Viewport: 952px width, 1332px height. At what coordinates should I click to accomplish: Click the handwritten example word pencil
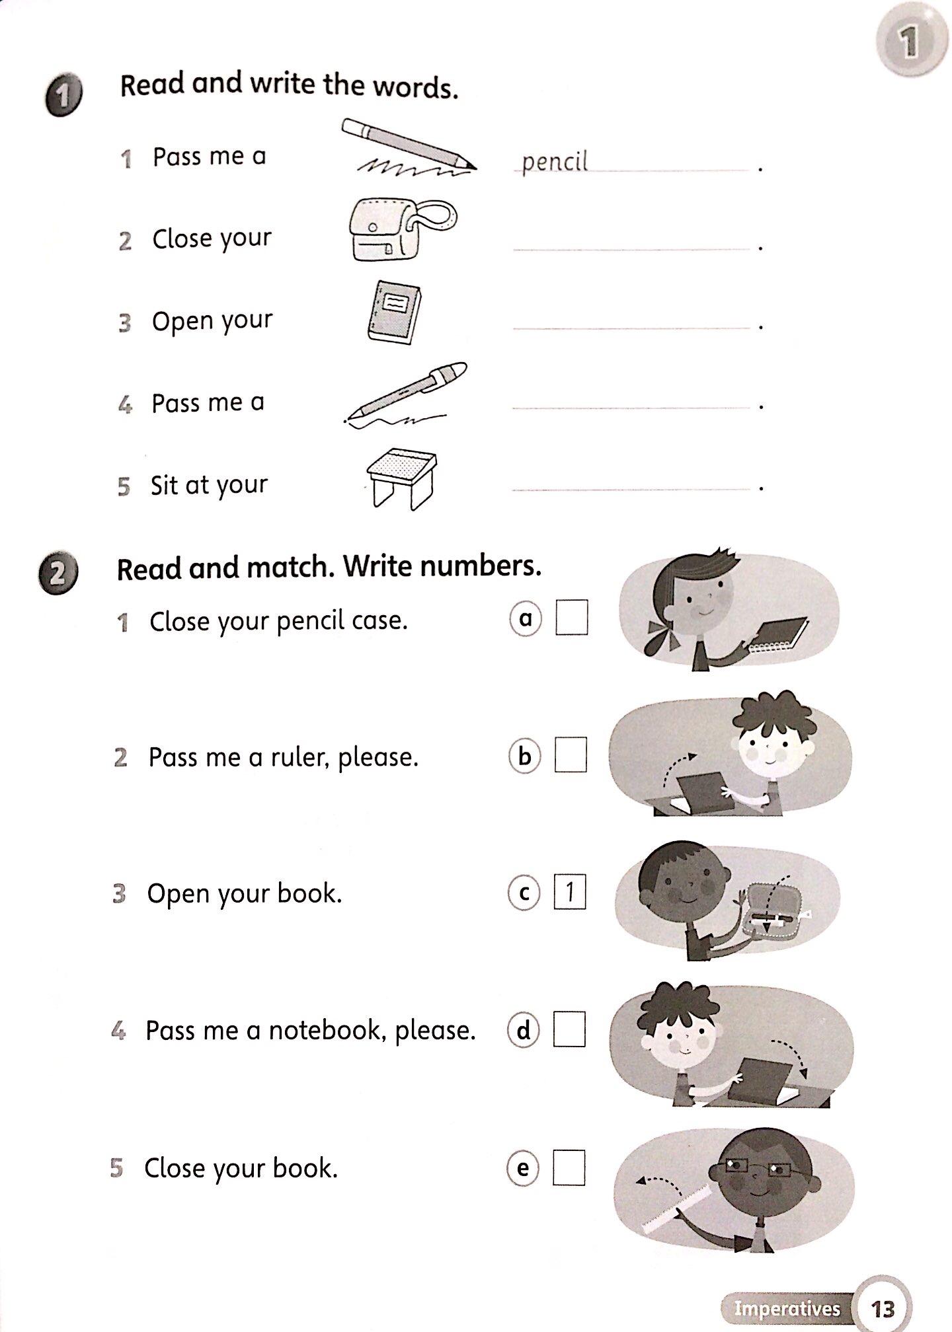pos(554,162)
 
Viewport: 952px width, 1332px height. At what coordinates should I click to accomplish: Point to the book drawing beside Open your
pos(395,313)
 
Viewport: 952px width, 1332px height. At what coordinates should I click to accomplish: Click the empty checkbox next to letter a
pos(572,617)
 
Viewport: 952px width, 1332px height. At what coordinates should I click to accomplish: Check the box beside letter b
pos(571,755)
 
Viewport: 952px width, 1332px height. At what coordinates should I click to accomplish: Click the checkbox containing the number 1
pos(569,892)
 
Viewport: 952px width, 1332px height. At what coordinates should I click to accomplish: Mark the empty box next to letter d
pos(569,1029)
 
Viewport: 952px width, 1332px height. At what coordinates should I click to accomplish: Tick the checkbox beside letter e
pos(569,1168)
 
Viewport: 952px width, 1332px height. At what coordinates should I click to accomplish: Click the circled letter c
pos(524,893)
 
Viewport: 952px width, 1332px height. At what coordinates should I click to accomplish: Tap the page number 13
pos(883,1308)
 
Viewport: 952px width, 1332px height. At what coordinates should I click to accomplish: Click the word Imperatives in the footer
pos(787,1308)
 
